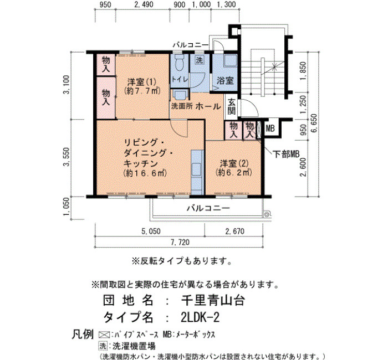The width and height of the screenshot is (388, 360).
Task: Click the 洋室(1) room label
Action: [x=142, y=81]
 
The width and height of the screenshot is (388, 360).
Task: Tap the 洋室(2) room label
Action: [x=234, y=163]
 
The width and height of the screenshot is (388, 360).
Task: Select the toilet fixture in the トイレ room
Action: [x=179, y=63]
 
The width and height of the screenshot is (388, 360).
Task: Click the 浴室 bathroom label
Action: [x=225, y=81]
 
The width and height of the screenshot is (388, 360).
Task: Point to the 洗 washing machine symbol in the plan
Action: [x=200, y=60]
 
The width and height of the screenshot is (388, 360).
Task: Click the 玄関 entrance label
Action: [x=231, y=106]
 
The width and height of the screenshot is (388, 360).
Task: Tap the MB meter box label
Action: [x=270, y=128]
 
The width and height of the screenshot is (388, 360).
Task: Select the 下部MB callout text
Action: [x=287, y=154]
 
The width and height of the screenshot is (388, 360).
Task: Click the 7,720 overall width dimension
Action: [x=180, y=242]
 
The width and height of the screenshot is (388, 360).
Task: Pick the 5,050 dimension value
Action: [x=151, y=232]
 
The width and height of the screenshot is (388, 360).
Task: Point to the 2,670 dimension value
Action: [x=234, y=231]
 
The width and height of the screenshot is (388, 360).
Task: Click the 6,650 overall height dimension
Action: [x=314, y=123]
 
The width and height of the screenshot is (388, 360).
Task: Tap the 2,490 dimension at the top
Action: [x=144, y=4]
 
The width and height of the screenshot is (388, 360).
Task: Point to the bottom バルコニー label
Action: [x=208, y=208]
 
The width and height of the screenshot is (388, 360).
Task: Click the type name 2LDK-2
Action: [x=200, y=317]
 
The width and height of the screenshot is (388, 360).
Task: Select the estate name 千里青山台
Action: [x=213, y=301]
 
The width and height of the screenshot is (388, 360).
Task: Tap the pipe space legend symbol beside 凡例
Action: [x=104, y=335]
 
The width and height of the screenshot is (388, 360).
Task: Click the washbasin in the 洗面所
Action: [x=180, y=95]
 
